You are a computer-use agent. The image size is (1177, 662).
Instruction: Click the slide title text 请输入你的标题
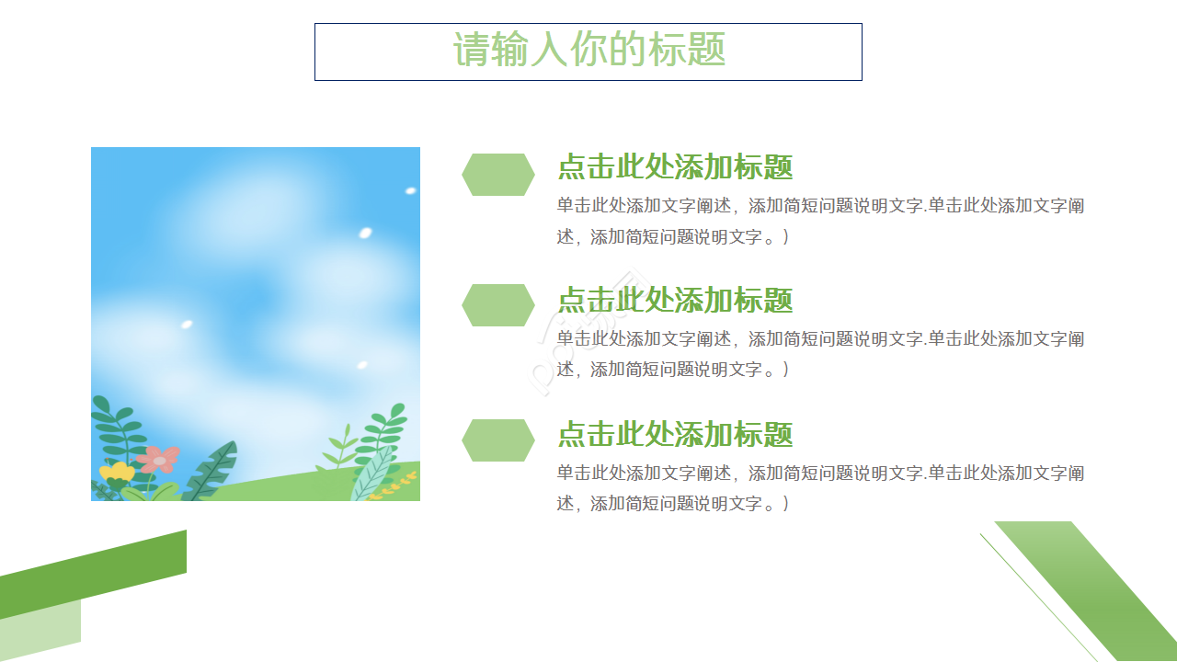click(588, 50)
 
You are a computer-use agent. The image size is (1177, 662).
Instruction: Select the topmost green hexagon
click(497, 175)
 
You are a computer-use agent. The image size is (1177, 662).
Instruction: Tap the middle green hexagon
click(497, 305)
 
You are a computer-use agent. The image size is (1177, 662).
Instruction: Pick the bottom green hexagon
click(497, 440)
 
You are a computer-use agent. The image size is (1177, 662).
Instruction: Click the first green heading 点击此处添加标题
click(675, 167)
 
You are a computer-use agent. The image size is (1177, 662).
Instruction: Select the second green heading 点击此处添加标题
click(675, 300)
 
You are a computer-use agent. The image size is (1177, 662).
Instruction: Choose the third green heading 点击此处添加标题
click(675, 434)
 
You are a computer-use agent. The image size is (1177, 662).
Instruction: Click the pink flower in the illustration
click(159, 459)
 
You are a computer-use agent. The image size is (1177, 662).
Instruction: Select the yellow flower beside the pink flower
click(117, 473)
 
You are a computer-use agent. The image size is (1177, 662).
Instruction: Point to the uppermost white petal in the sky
click(410, 191)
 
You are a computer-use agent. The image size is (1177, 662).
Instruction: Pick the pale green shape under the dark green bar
click(41, 630)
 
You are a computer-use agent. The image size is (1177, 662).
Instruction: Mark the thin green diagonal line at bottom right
click(1039, 593)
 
